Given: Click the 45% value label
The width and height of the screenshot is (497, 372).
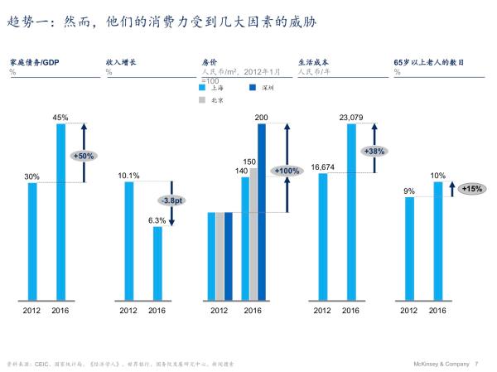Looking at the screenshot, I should [x=60, y=118].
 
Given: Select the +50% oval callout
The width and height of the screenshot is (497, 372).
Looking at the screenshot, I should [x=83, y=155].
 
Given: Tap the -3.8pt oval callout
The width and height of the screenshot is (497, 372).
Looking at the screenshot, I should [x=171, y=200].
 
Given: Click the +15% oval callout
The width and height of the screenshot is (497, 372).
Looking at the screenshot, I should [x=472, y=188].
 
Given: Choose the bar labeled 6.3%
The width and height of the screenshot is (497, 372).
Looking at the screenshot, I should [x=157, y=263].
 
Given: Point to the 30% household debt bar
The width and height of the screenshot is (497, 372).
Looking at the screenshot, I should [x=32, y=240].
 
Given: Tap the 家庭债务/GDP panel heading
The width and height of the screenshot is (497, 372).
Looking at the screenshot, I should [x=34, y=62].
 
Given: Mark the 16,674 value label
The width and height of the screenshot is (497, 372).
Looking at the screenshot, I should [x=322, y=167].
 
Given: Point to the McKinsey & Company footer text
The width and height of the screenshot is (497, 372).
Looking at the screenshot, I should [x=440, y=363].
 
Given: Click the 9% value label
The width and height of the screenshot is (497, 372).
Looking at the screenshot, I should [x=409, y=191].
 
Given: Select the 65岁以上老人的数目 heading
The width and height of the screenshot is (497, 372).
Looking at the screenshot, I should [x=428, y=62].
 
